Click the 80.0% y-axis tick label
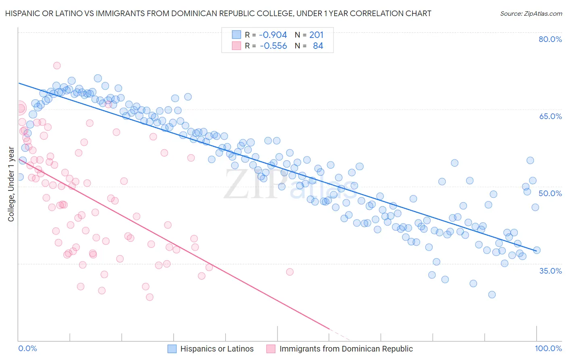pyautogui.click(x=550, y=39)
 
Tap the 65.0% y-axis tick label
pyautogui.click(x=550, y=116)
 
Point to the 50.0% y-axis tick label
pyautogui.click(x=550, y=193)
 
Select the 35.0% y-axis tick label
pyautogui.click(x=550, y=270)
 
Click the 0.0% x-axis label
pyautogui.click(x=28, y=348)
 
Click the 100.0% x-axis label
pyautogui.click(x=548, y=348)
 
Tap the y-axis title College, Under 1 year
pyautogui.click(x=11, y=184)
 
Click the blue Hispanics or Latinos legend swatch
pyautogui.click(x=172, y=349)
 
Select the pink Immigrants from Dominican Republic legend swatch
pyautogui.click(x=271, y=349)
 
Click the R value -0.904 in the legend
pyautogui.click(x=273, y=35)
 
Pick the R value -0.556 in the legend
pyautogui.click(x=273, y=46)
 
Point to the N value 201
pyautogui.click(x=316, y=35)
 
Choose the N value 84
pyautogui.click(x=318, y=46)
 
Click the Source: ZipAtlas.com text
pyautogui.click(x=531, y=14)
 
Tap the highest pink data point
pyautogui.click(x=57, y=65)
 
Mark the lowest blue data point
pyautogui.click(x=492, y=295)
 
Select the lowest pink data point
pyautogui.click(x=150, y=297)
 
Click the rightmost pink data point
pyautogui.click(x=290, y=272)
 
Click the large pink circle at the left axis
pyautogui.click(x=19, y=108)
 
